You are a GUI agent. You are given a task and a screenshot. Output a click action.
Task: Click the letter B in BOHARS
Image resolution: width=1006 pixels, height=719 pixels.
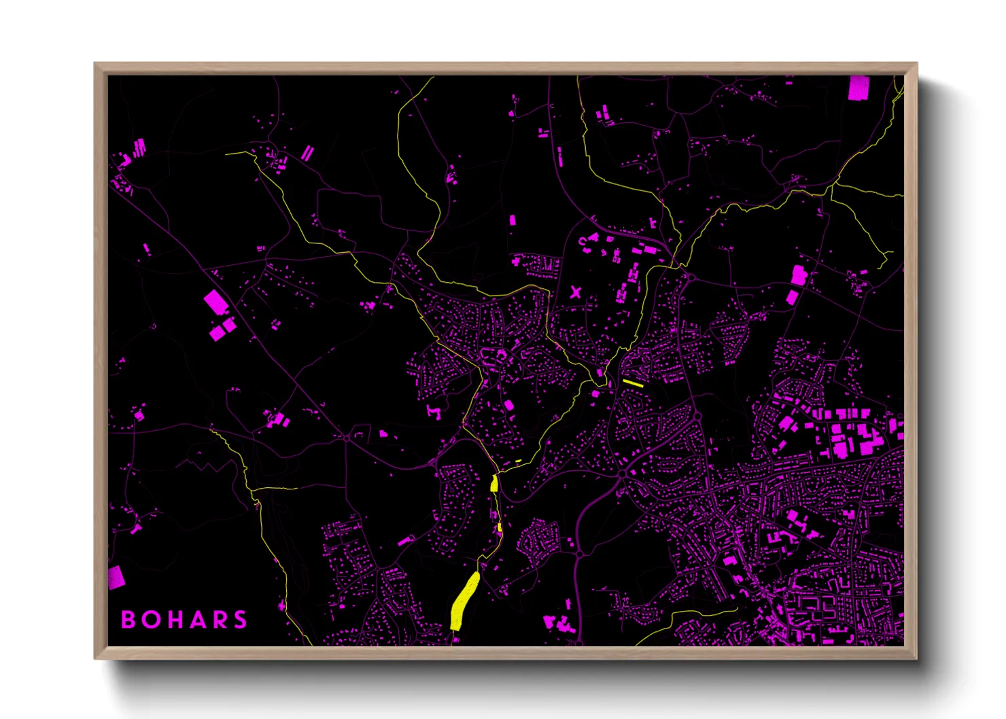pos(128,620)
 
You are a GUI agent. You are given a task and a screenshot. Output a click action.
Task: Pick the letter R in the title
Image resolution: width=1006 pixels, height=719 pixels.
pos(219,620)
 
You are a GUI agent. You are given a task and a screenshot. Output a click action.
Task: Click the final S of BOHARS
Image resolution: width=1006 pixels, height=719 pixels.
pos(240,620)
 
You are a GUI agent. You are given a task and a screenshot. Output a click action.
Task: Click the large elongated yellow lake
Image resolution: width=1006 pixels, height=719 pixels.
pos(465,599)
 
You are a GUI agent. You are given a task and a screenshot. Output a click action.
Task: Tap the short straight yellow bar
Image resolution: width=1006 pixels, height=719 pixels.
pos(633,383)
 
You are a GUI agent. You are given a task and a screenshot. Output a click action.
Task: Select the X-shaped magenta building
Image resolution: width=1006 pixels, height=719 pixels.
pos(576,293)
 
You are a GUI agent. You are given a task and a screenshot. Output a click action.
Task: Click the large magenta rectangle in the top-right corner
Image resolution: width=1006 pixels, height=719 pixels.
pos(858,88)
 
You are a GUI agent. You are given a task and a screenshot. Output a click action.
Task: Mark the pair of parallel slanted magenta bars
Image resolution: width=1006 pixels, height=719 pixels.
pos(307,153)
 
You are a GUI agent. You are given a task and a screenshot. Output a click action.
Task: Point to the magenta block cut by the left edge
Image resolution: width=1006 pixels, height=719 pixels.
pos(116,577)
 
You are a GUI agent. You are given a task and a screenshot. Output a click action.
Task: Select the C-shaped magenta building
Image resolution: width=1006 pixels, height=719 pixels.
pos(583,241)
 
